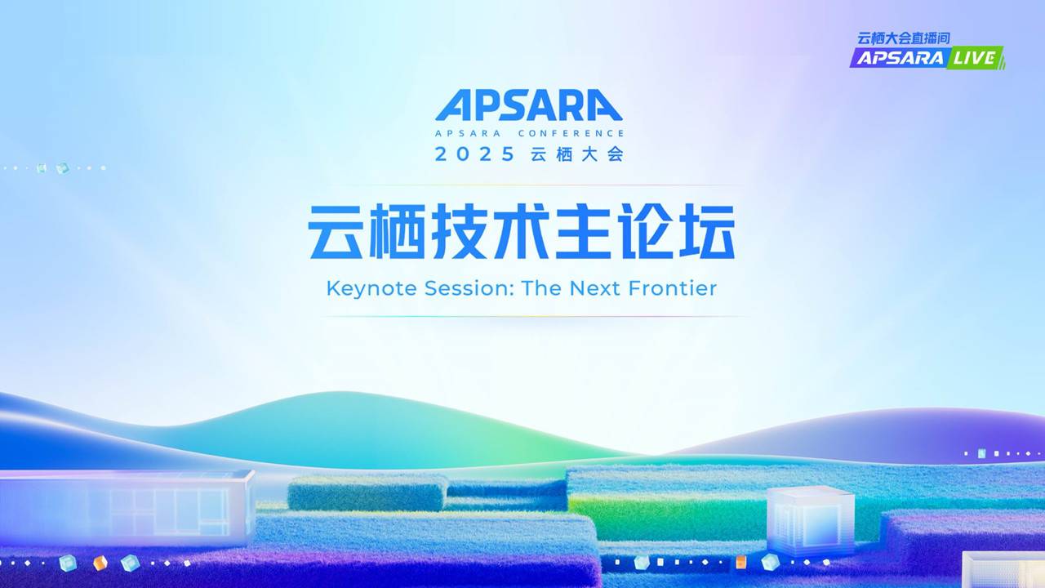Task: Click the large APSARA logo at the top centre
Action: [x=528, y=105]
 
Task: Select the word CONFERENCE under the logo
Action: [x=571, y=133]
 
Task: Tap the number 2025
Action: [x=474, y=154]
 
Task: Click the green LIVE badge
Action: [x=975, y=58]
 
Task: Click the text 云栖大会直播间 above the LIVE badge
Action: [x=904, y=38]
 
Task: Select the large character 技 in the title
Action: [x=459, y=231]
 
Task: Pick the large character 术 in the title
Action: [x=521, y=231]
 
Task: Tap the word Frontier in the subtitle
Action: [x=672, y=288]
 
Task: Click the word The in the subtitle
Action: [x=541, y=288]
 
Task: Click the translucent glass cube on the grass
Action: [x=811, y=519]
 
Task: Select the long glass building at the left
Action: [x=126, y=507]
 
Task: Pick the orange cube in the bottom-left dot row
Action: [x=100, y=563]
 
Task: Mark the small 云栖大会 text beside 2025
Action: [x=577, y=154]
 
